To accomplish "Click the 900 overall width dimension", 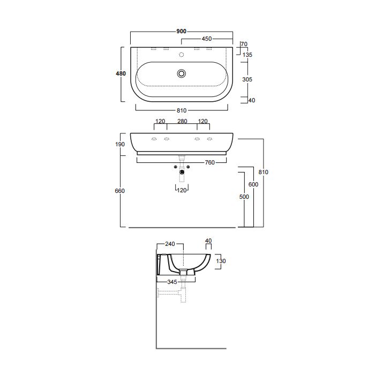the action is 181,31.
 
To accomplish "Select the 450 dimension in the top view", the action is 207,39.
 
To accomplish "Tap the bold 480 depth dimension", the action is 121,73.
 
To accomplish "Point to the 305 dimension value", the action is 247,79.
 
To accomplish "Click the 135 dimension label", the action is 247,55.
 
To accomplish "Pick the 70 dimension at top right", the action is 244,44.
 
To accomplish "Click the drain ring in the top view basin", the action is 182,73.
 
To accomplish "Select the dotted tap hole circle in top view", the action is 182,55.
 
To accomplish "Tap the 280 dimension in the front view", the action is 182,121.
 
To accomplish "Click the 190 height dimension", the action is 120,144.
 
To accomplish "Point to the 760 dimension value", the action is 209,163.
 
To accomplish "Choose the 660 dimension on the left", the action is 120,191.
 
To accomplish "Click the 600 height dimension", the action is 253,184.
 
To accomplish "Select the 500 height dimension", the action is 244,197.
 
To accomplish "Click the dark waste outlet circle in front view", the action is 182,172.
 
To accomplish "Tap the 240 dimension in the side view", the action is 170,244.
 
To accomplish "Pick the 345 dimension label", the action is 172,282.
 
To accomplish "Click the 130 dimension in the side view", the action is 221,261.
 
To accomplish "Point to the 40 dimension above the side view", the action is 208,241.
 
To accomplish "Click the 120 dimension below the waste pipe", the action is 182,190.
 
